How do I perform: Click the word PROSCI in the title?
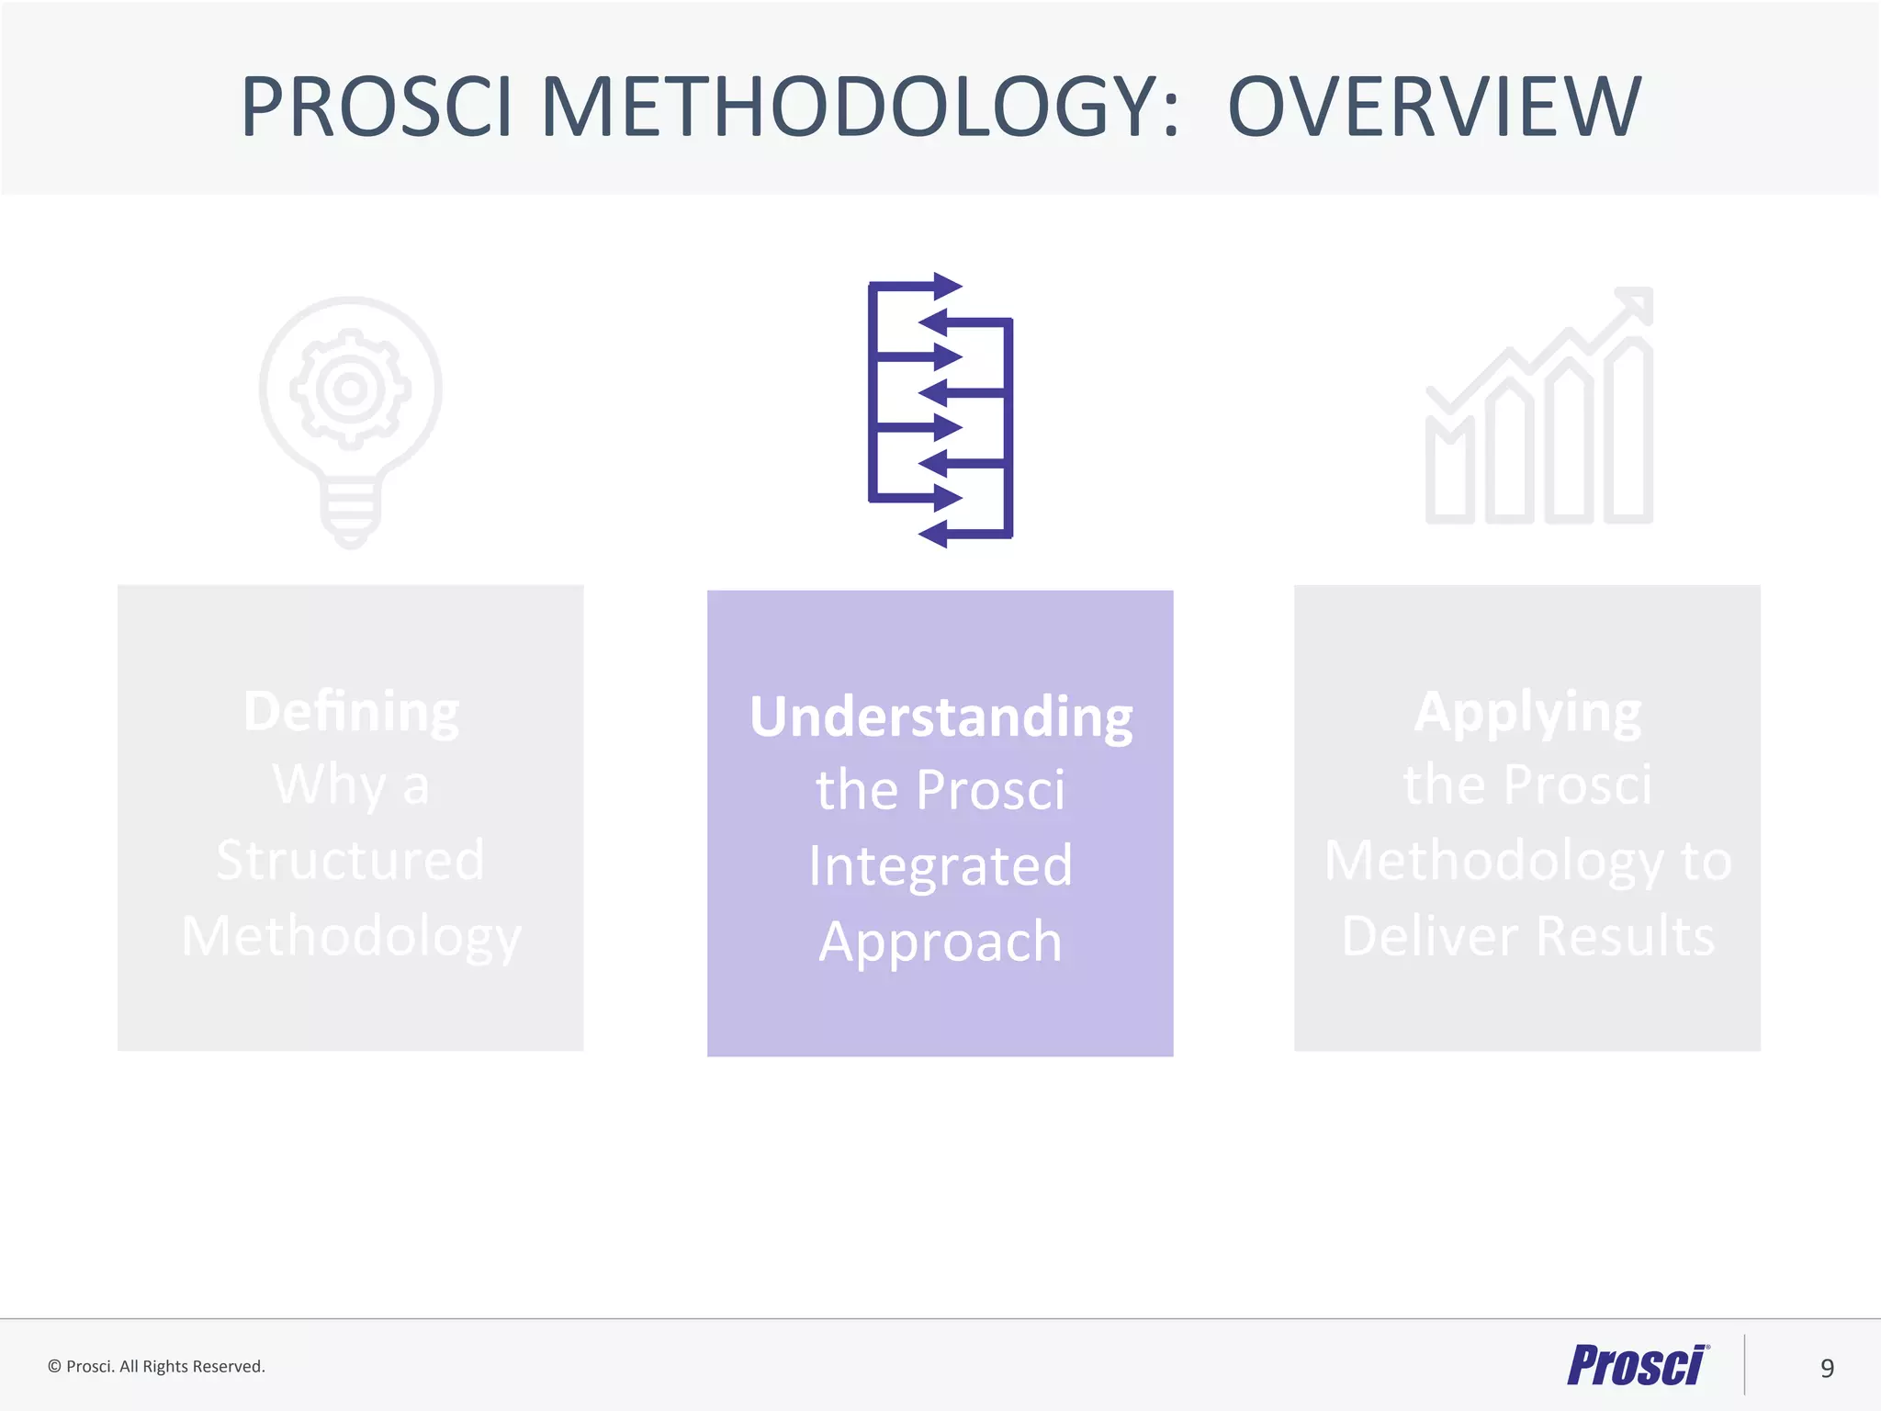point(376,107)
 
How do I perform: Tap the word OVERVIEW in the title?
point(1434,107)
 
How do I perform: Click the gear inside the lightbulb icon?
point(350,389)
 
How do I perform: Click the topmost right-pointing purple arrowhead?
point(946,287)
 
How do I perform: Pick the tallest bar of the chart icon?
point(1628,432)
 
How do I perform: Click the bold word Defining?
point(351,711)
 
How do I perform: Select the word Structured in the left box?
point(350,861)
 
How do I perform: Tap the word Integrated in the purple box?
point(940,865)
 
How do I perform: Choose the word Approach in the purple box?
point(940,942)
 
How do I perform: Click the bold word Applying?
point(1527,711)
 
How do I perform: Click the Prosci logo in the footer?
point(1637,1365)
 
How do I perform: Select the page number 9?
point(1827,1369)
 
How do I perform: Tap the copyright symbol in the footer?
point(54,1367)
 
